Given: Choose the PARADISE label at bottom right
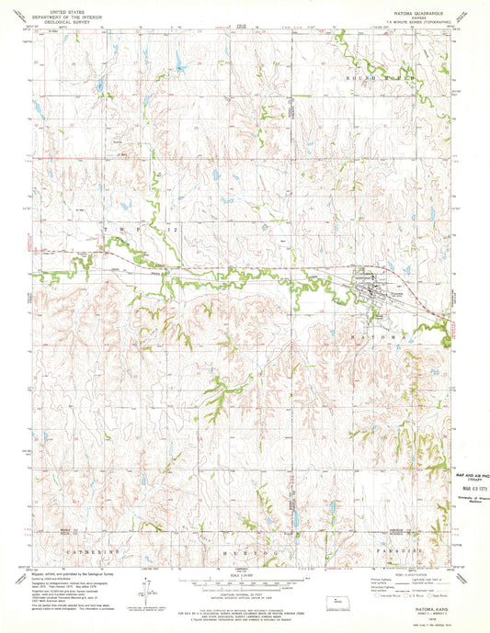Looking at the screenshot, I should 398,553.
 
